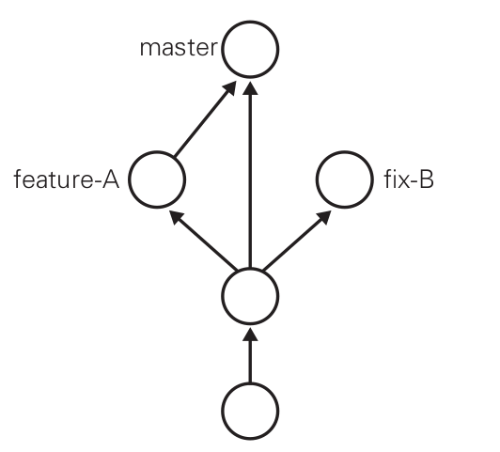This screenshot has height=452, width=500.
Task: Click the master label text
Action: [179, 49]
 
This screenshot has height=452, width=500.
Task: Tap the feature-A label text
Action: [67, 179]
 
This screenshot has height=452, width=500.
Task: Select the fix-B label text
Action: [409, 179]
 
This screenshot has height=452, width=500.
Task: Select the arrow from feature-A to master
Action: [205, 119]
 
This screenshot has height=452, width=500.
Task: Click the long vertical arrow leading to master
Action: [250, 175]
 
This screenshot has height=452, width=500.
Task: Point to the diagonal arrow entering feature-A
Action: [203, 240]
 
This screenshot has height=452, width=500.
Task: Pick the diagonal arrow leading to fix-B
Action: [297, 240]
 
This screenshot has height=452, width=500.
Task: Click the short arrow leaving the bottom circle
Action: [250, 355]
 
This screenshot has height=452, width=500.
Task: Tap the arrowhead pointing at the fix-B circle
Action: [324, 217]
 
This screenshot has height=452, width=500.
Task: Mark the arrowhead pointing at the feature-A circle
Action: [177, 217]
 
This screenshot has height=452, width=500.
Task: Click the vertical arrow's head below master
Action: [250, 88]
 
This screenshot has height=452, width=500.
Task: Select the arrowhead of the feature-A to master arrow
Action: [230, 87]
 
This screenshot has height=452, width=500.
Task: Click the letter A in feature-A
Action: [111, 179]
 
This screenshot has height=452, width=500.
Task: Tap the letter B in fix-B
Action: [427, 179]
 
